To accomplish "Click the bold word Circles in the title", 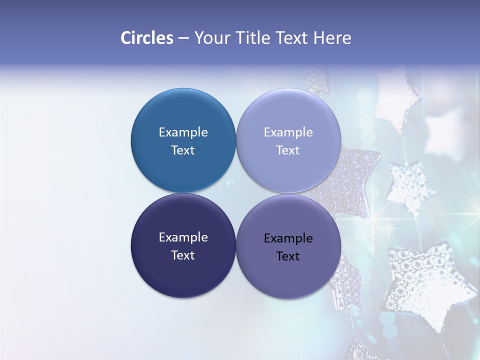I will pyautogui.click(x=146, y=38).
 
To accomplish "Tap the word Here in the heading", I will pyautogui.click(x=332, y=38).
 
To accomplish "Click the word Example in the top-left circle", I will pyautogui.click(x=183, y=132).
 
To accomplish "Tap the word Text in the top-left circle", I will pyautogui.click(x=183, y=150).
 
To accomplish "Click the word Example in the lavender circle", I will pyautogui.click(x=288, y=132).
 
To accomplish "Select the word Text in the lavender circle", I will pyautogui.click(x=288, y=150).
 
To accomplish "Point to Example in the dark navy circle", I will pyautogui.click(x=183, y=237).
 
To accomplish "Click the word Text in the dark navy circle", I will pyautogui.click(x=183, y=255).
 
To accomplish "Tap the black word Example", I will pyautogui.click(x=288, y=238).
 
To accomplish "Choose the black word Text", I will pyautogui.click(x=288, y=256).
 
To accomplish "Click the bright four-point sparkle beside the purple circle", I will pyautogui.click(x=388, y=223).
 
